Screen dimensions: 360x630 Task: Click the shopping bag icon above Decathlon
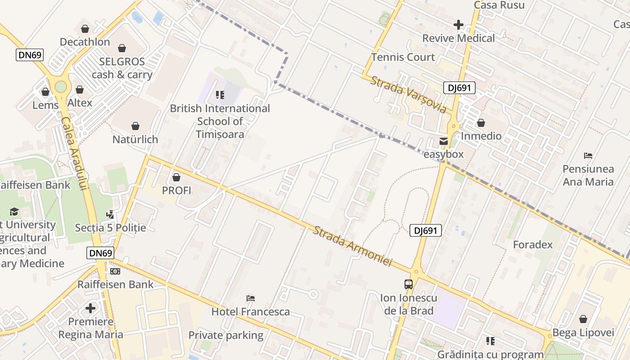(x=85, y=29)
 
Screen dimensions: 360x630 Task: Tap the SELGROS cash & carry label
(x=122, y=68)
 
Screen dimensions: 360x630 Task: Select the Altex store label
(x=80, y=103)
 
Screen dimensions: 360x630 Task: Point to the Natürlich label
(x=135, y=139)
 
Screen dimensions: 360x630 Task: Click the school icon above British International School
(x=220, y=94)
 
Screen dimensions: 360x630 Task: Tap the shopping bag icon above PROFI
(x=176, y=177)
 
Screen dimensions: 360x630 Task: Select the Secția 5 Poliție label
(x=110, y=228)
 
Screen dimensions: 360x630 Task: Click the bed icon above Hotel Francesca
(x=251, y=298)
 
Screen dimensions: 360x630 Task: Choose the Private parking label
(x=225, y=335)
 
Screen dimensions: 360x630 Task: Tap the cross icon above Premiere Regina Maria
(x=90, y=308)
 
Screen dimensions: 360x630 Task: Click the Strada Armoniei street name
(x=353, y=246)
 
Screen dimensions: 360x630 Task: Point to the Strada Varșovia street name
(x=408, y=94)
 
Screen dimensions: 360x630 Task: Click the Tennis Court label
(x=403, y=57)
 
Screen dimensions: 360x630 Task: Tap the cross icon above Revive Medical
(x=458, y=24)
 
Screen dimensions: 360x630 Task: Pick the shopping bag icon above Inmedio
(x=481, y=123)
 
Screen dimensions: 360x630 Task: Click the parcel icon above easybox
(x=444, y=141)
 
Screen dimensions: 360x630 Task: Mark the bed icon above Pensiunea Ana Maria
(x=588, y=156)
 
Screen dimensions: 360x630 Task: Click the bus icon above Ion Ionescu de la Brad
(x=408, y=284)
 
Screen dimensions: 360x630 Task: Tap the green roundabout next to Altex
(x=61, y=87)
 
